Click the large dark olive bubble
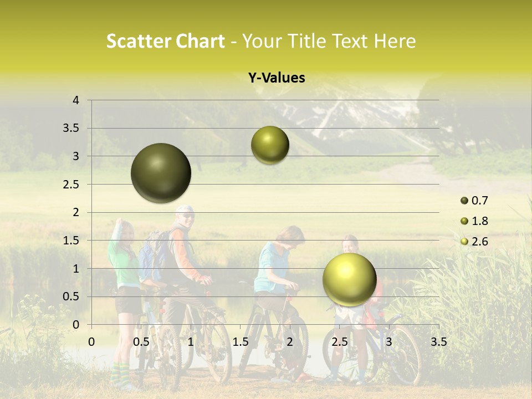161,173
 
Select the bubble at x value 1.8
270,145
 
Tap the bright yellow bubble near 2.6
349,279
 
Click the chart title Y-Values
277,78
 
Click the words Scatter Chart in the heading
165,41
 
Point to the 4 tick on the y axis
76,100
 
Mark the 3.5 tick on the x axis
438,342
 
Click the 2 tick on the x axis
290,342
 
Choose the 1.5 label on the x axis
240,342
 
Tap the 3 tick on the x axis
388,342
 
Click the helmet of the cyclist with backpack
185,210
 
